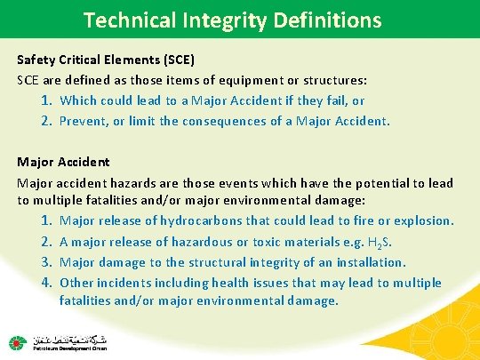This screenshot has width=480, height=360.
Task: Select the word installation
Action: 367,261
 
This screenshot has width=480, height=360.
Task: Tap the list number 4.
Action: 46,283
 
